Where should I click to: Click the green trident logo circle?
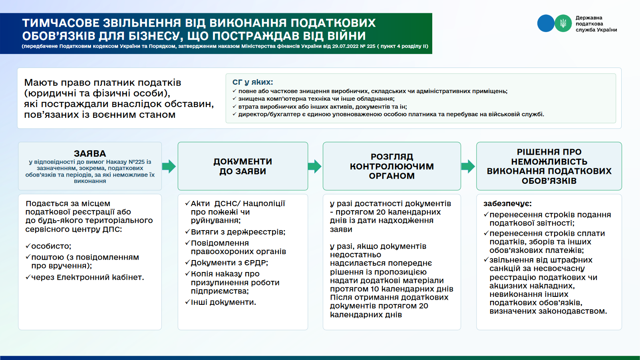(563, 23)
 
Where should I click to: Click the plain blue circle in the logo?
(546, 23)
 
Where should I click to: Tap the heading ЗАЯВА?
(90, 153)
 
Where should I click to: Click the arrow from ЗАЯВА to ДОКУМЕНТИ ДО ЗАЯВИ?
(169, 166)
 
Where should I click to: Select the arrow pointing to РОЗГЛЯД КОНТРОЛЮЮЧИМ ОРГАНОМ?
(315, 166)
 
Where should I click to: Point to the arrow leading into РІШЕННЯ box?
(468, 166)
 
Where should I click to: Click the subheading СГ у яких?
(252, 82)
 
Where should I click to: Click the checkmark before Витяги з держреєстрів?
(188, 231)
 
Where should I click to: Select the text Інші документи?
(223, 302)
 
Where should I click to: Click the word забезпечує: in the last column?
(507, 204)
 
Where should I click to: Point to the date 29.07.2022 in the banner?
(345, 46)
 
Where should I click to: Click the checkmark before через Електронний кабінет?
(28, 277)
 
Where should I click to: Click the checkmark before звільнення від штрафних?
(486, 260)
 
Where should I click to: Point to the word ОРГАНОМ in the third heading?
(392, 176)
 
